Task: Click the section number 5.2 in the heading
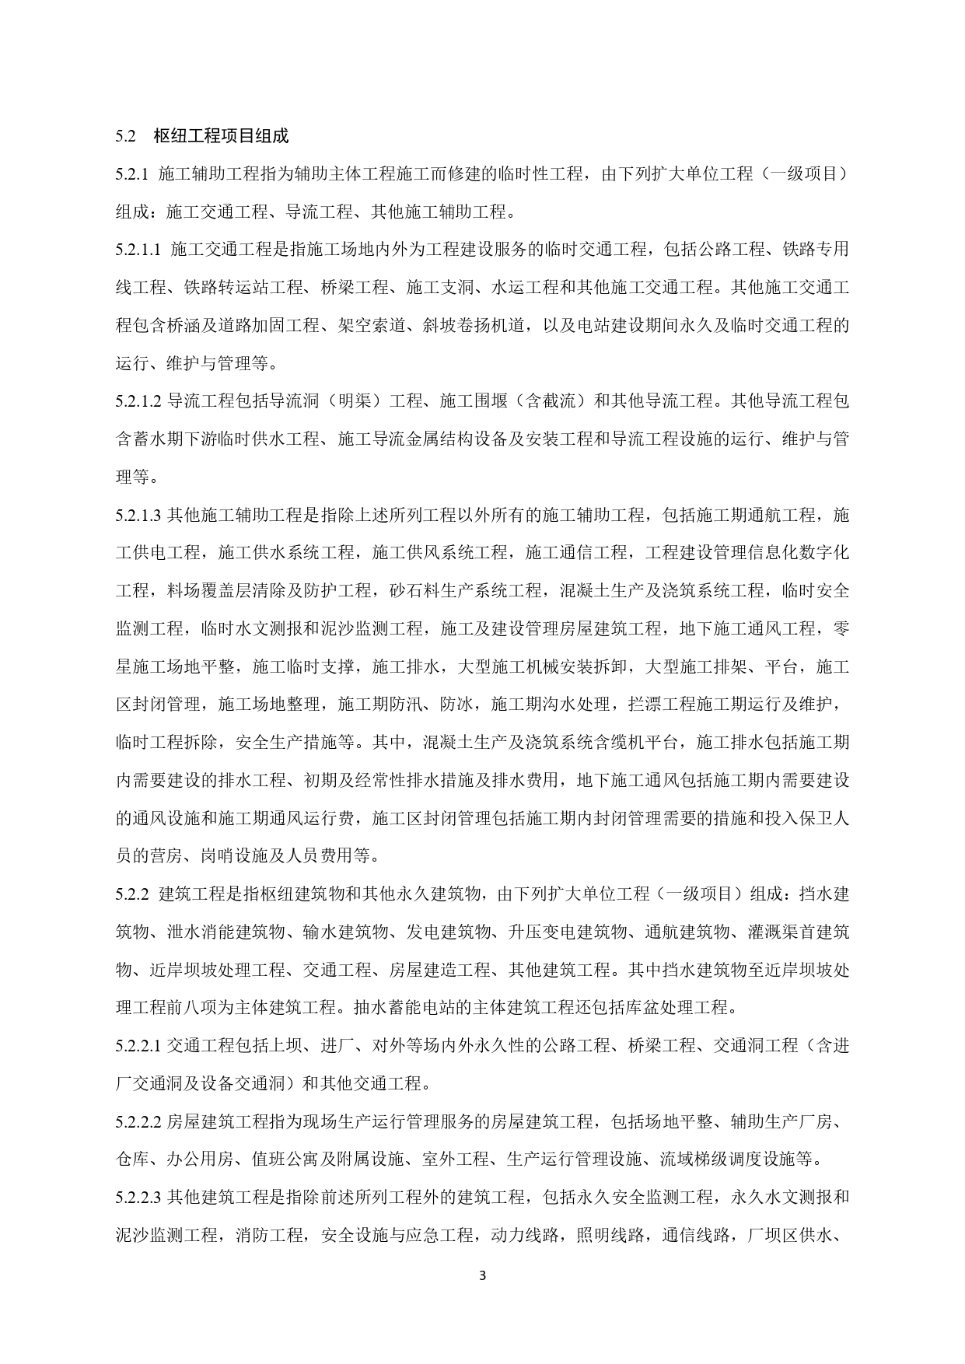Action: (x=126, y=136)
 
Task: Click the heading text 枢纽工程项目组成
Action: (x=221, y=136)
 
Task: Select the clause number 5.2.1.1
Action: (x=138, y=250)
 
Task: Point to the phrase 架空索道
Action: (x=376, y=325)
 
